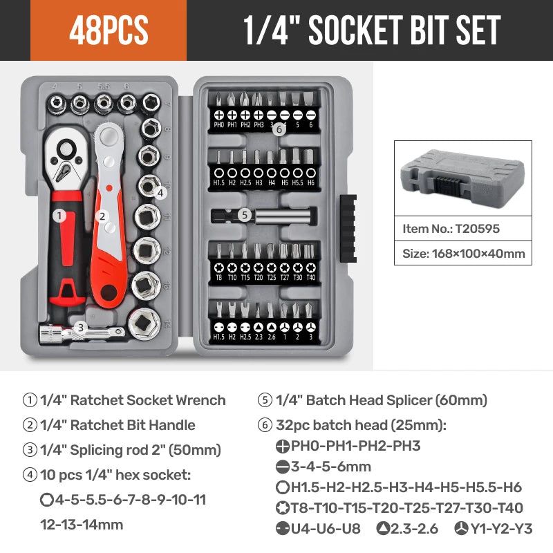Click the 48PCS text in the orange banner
(109, 31)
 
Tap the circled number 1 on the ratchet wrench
(59, 216)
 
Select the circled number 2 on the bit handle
(102, 216)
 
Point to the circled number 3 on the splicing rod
(81, 328)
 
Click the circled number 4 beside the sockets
(160, 193)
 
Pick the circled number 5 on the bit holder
(244, 215)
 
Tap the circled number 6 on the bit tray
(279, 129)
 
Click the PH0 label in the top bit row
(219, 126)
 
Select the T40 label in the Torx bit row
(310, 277)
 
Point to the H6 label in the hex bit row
(310, 182)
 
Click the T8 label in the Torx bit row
(219, 277)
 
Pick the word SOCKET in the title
(355, 31)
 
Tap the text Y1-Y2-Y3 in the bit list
(501, 529)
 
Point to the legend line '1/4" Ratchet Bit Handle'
(118, 425)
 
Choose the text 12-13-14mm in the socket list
(82, 524)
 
